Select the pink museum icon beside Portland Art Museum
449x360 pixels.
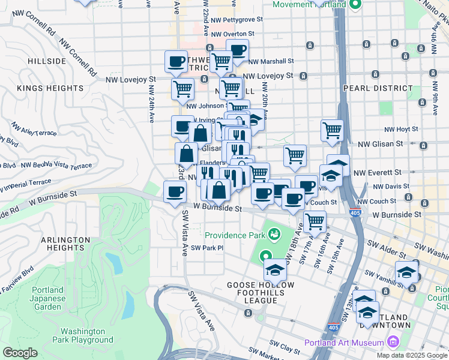pyautogui.click(x=393, y=343)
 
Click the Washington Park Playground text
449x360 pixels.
pyautogui.click(x=86, y=335)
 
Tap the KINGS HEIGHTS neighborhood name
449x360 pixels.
pyautogui.click(x=50, y=88)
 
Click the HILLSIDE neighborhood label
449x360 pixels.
pyautogui.click(x=46, y=61)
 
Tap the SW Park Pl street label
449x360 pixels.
pyautogui.click(x=207, y=248)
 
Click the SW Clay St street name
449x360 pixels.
pyautogui.click(x=285, y=347)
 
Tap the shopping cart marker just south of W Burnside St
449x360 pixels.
pyautogui.click(x=315, y=221)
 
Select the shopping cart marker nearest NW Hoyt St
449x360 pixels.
pyautogui.click(x=332, y=130)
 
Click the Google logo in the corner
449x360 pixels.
pyautogui.click(x=20, y=353)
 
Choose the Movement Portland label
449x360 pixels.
pyautogui.click(x=309, y=5)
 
